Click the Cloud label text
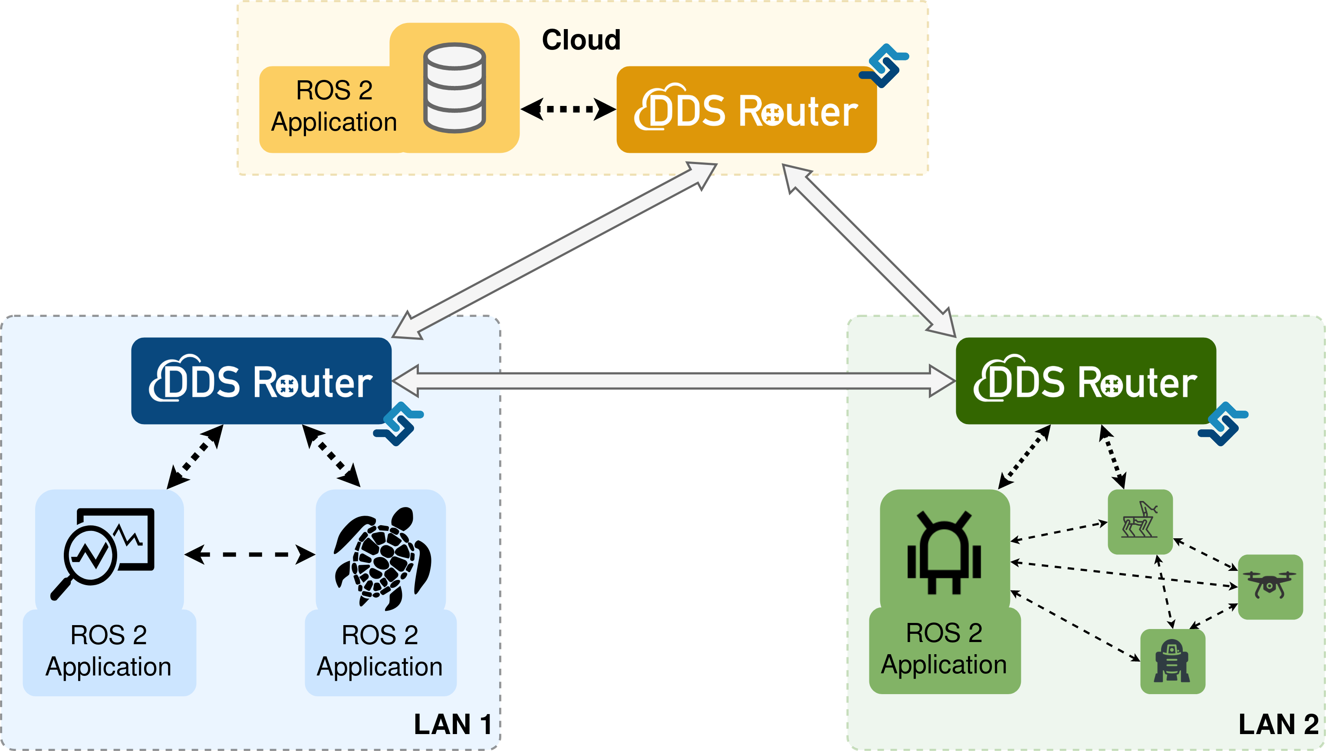point(581,40)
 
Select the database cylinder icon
point(454,88)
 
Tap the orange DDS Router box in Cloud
point(746,110)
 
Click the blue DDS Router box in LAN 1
point(261,381)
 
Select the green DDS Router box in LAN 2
point(1085,381)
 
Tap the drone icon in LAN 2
point(1270,586)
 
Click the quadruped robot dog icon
point(1140,521)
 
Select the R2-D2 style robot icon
point(1172,661)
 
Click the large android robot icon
point(944,552)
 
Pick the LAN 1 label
point(453,724)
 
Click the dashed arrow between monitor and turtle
point(250,555)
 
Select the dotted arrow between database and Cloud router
point(568,109)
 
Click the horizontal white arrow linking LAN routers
point(673,381)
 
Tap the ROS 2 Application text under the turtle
point(379,651)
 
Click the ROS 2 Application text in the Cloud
point(334,106)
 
